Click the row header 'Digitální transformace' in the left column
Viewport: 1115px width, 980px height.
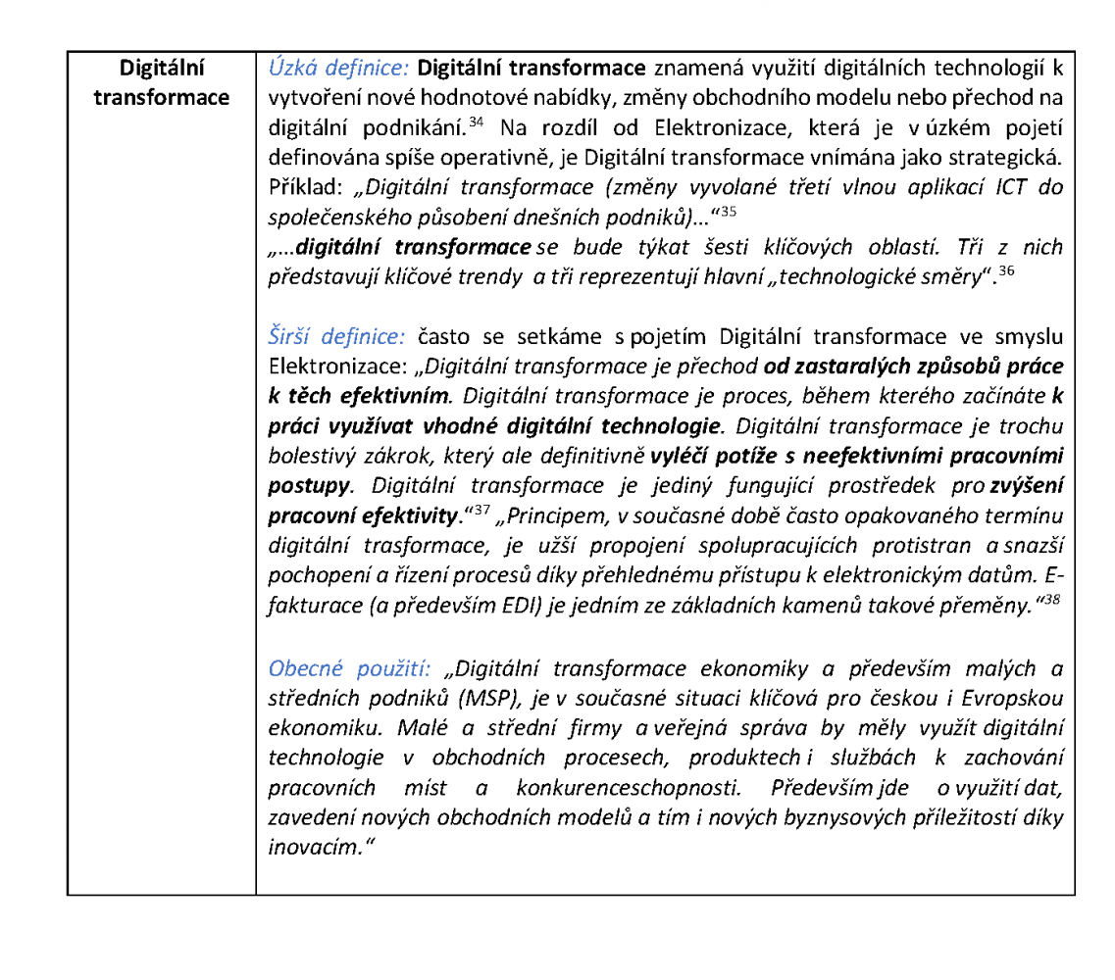[x=162, y=83]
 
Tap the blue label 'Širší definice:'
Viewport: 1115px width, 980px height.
[x=336, y=337]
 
